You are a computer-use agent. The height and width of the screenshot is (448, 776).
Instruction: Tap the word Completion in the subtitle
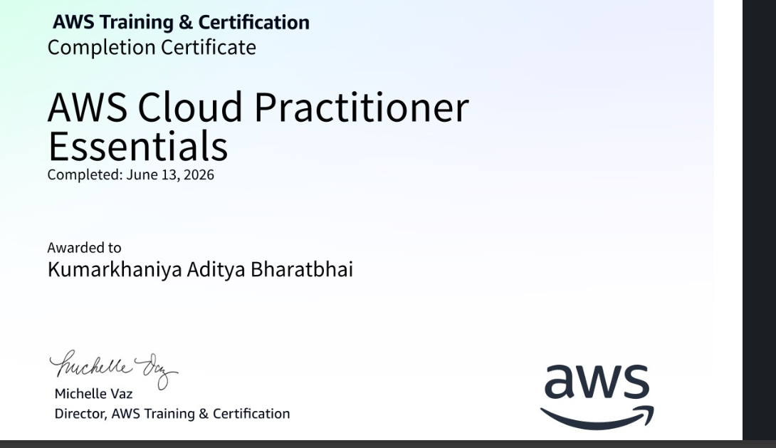click(x=101, y=48)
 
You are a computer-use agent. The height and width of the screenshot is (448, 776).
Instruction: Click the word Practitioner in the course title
click(x=362, y=108)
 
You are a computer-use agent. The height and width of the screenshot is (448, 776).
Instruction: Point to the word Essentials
click(x=137, y=146)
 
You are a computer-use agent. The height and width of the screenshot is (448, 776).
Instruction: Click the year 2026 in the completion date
click(x=199, y=174)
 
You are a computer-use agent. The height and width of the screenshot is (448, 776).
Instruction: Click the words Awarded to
click(x=84, y=248)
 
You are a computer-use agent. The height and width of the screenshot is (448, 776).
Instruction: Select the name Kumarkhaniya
click(x=115, y=270)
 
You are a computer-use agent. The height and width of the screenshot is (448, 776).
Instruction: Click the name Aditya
click(x=216, y=270)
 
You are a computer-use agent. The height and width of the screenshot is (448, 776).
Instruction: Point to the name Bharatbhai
click(x=302, y=269)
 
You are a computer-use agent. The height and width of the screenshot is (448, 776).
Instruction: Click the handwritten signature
click(x=113, y=369)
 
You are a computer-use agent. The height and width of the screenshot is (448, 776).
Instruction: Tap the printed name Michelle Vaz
click(x=93, y=394)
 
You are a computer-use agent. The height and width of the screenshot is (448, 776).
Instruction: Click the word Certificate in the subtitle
click(x=209, y=48)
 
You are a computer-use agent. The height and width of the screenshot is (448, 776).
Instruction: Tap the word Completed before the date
click(x=85, y=174)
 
